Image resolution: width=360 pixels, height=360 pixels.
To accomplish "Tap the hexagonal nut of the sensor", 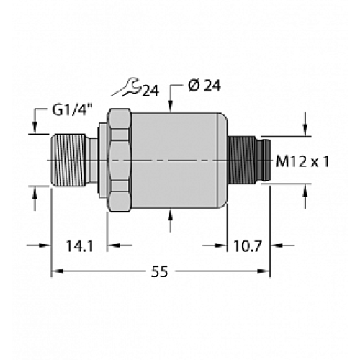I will pyautogui.click(x=117, y=159).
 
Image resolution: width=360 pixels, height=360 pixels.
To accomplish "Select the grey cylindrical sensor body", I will pyautogui.click(x=176, y=159).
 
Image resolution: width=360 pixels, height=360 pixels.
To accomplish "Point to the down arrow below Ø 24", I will pyautogui.click(x=172, y=107).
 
